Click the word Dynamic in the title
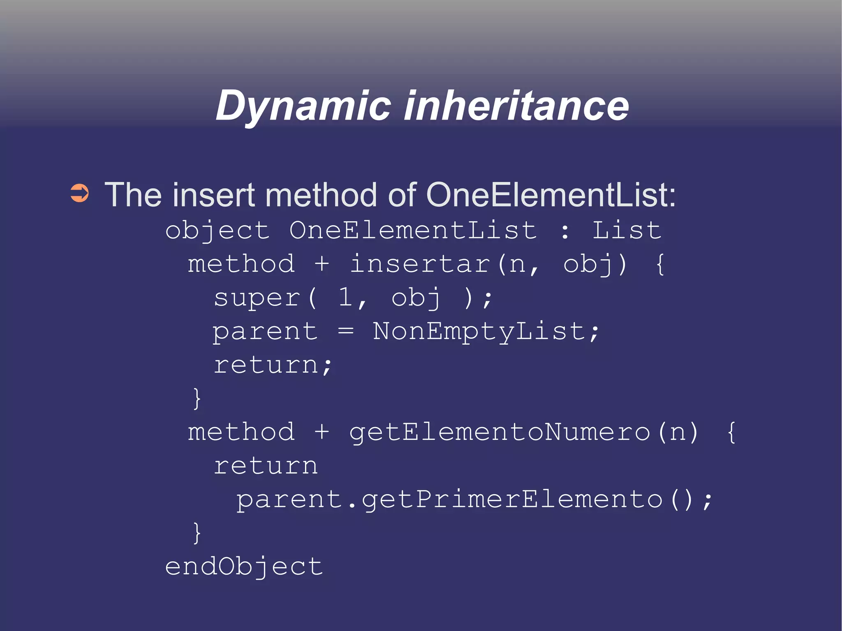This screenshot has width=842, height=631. click(303, 106)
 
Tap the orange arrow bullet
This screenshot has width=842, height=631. click(79, 193)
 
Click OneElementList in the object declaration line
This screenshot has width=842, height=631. click(413, 230)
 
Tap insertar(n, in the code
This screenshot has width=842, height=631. click(444, 264)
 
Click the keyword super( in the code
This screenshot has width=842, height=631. click(266, 298)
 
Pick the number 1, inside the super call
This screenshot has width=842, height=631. click(352, 298)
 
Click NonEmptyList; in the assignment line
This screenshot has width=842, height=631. click(486, 331)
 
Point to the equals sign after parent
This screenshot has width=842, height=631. click(345, 331)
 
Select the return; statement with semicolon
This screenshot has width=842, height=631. click(273, 365)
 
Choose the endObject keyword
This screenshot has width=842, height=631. click(244, 567)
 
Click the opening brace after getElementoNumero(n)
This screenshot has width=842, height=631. click(731, 432)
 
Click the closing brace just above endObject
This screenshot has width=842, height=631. click(197, 533)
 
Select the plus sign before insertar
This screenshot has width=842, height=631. click(322, 264)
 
